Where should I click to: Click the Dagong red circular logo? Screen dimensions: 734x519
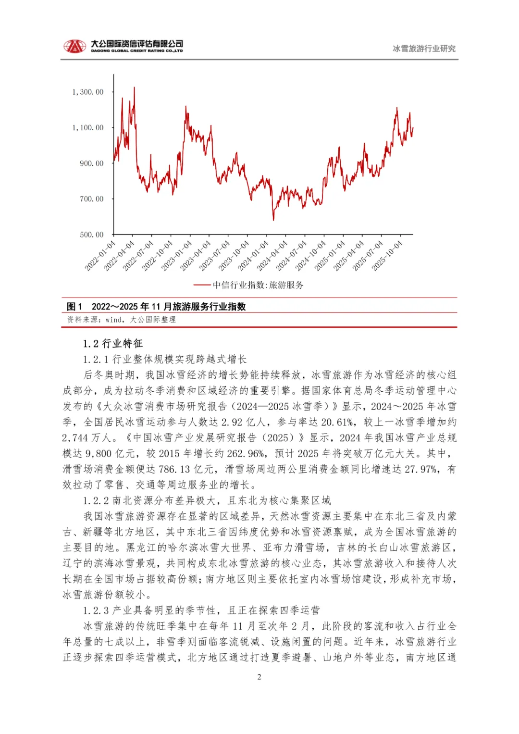click(74, 46)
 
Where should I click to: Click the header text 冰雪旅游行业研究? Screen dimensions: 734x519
click(424, 49)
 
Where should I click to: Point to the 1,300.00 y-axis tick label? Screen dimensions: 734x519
click(88, 92)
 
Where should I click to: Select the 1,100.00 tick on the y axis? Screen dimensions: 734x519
click(88, 127)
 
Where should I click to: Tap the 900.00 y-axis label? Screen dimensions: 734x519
click(91, 163)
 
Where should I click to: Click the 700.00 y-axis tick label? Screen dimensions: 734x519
click(91, 199)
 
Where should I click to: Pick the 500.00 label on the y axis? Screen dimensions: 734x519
click(91, 235)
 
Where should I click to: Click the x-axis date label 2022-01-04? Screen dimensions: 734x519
click(100, 256)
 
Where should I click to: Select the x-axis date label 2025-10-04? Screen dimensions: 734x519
click(387, 256)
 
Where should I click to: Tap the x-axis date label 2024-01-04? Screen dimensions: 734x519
click(253, 256)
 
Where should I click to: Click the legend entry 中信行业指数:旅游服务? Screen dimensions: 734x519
click(258, 285)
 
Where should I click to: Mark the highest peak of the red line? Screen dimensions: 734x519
click(134, 87)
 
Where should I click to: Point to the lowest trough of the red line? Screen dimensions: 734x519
click(273, 220)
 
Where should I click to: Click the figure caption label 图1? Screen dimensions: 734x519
click(74, 307)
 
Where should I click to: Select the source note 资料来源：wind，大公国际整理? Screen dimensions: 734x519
click(122, 320)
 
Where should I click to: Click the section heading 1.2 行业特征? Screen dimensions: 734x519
click(112, 343)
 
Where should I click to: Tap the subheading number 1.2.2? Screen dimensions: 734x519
click(96, 501)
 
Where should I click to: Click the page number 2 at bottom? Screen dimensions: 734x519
click(259, 677)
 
